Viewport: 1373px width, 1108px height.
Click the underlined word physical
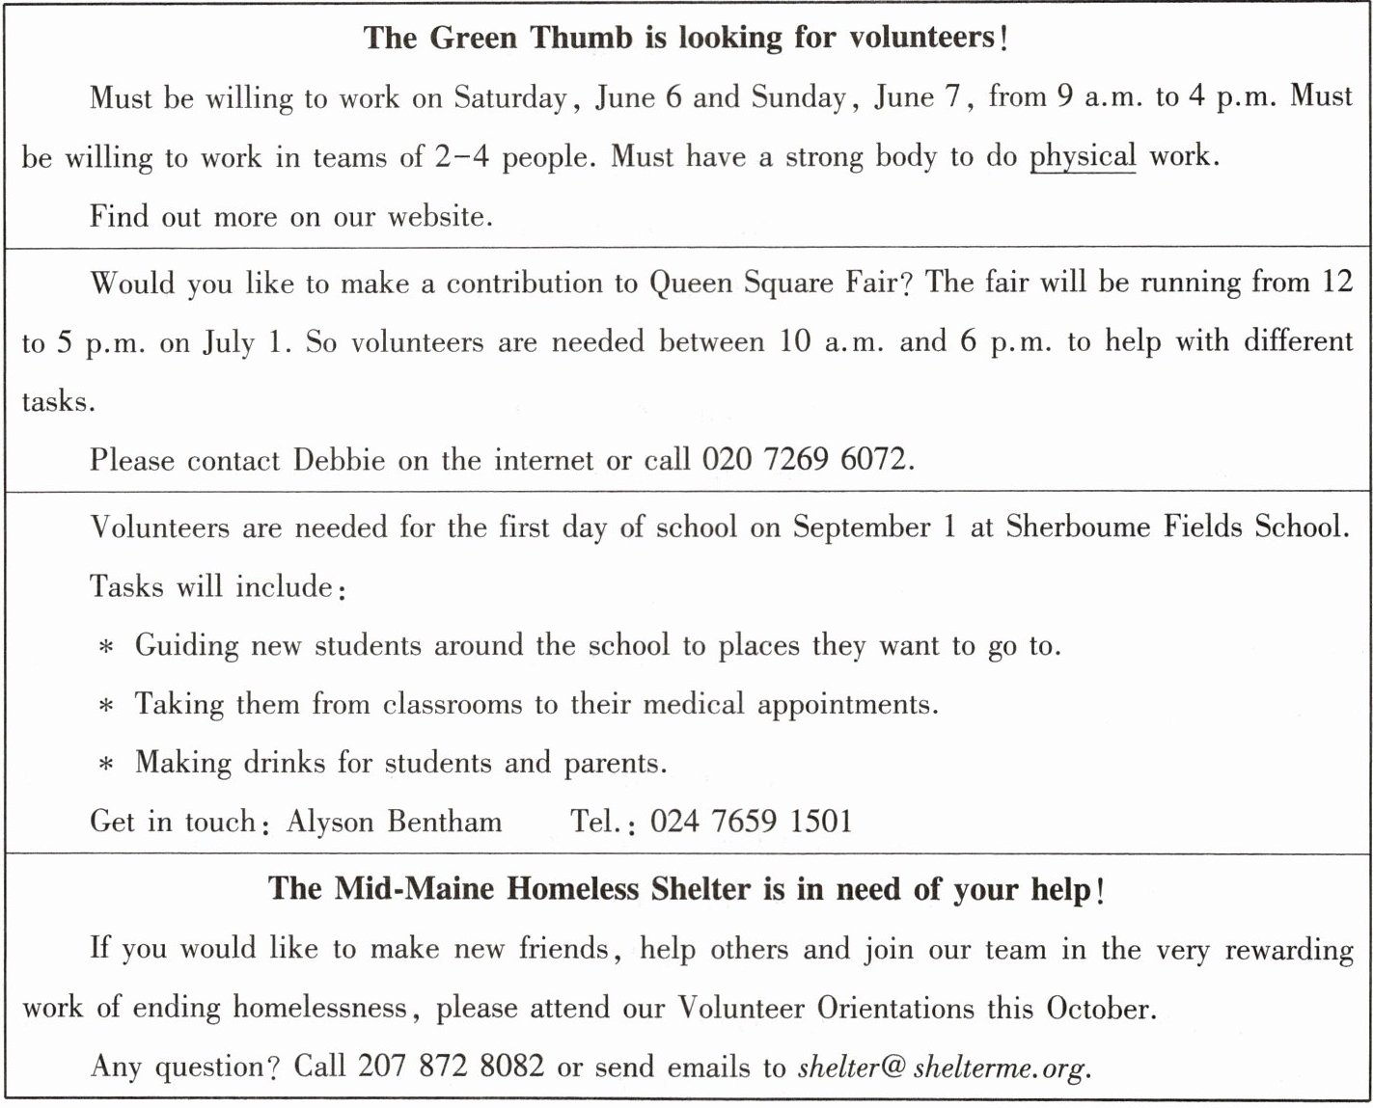pos(1082,156)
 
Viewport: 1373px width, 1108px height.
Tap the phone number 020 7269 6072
pos(806,460)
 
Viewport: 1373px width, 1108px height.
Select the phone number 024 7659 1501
pos(751,821)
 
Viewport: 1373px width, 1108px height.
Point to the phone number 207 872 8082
pos(451,1066)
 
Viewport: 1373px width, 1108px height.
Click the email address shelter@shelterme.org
pos(944,1067)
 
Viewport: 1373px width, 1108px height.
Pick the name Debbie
pos(340,460)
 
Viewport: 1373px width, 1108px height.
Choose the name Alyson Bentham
pos(394,821)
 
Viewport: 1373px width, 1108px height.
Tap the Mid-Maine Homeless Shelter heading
pos(685,888)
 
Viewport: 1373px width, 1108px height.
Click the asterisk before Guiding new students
pos(106,647)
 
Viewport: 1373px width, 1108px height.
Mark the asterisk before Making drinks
pos(106,765)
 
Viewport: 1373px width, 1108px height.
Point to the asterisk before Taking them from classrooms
pos(106,706)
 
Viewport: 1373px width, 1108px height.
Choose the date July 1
pos(246,343)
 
